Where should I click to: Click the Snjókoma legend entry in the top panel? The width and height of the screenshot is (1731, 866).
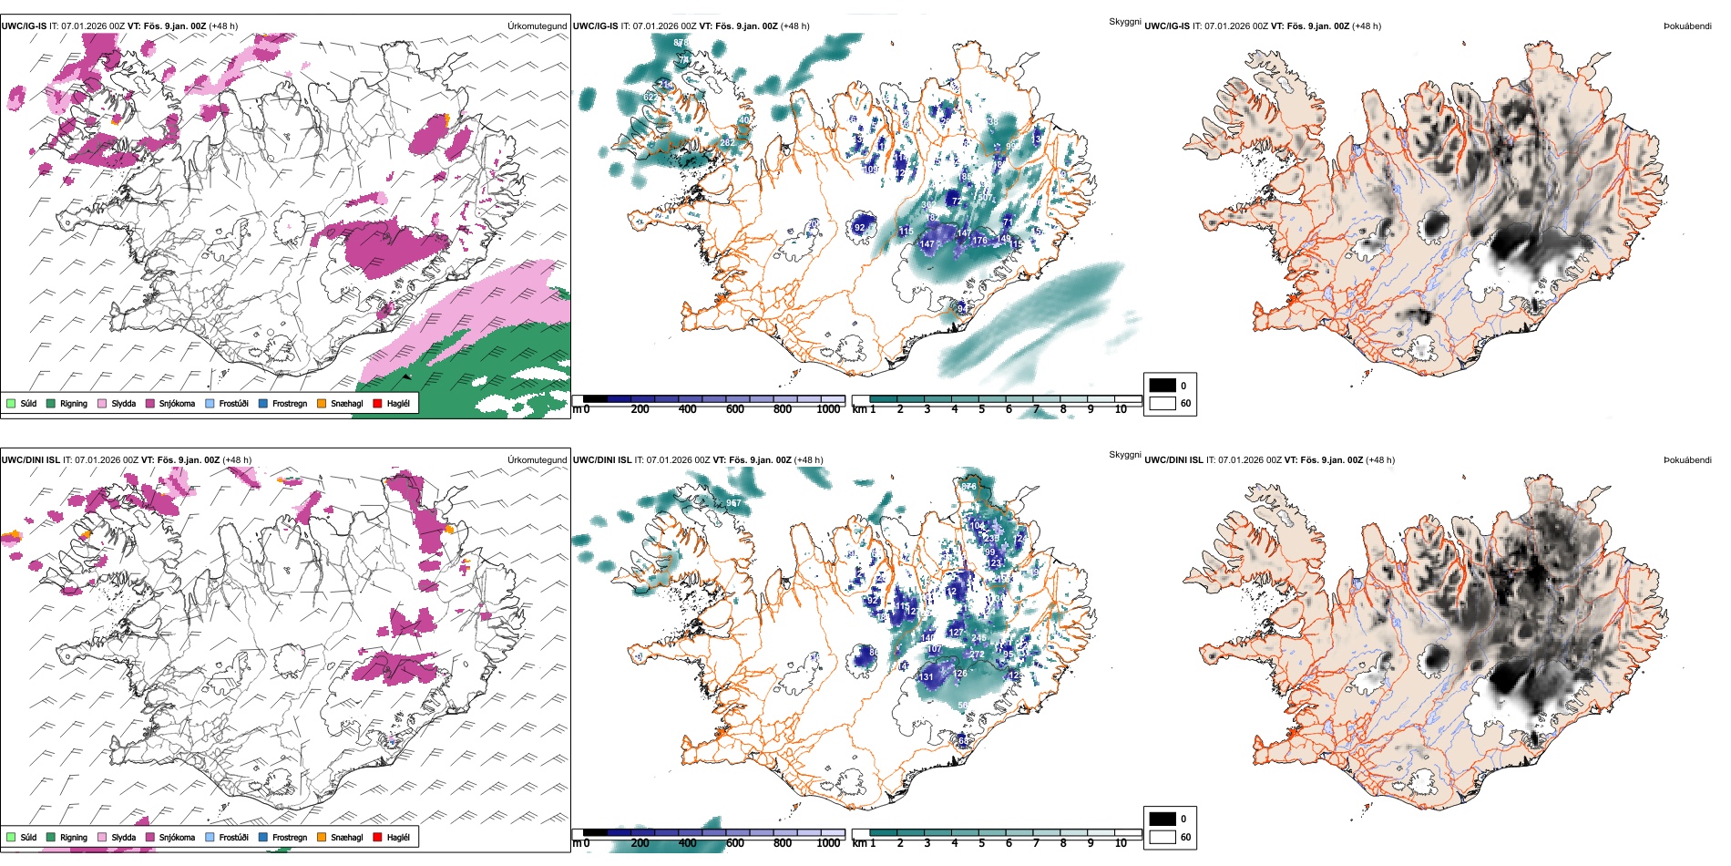(x=177, y=403)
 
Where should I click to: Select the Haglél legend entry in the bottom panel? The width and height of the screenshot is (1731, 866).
(x=398, y=837)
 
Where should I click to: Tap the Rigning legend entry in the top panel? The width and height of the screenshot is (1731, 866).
(x=73, y=403)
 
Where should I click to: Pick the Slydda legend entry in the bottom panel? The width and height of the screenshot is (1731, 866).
(x=123, y=837)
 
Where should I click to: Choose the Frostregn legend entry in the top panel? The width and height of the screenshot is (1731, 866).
(x=290, y=403)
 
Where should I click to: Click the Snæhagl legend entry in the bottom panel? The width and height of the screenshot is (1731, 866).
(x=346, y=837)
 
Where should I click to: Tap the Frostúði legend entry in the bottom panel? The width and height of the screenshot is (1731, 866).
(x=233, y=837)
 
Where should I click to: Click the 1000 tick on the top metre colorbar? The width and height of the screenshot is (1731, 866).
(x=828, y=409)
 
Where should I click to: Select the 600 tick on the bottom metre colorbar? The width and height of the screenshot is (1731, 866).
(x=735, y=843)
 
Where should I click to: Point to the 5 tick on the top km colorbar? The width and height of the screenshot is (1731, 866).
(x=981, y=409)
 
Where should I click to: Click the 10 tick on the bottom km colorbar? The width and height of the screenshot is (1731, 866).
(x=1121, y=843)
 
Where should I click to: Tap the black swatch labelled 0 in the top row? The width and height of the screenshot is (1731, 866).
(x=1163, y=386)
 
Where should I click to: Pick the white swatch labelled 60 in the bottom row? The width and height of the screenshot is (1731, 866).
(x=1163, y=837)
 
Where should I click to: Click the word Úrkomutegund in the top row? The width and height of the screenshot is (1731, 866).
(x=537, y=26)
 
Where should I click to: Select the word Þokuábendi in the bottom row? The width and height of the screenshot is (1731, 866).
(x=1687, y=460)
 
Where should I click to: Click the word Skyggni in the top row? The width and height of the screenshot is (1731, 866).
(x=1124, y=21)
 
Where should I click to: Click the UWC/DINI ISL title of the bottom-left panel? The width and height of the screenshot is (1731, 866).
(x=30, y=460)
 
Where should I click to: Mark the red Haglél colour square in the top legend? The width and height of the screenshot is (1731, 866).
(x=377, y=403)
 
